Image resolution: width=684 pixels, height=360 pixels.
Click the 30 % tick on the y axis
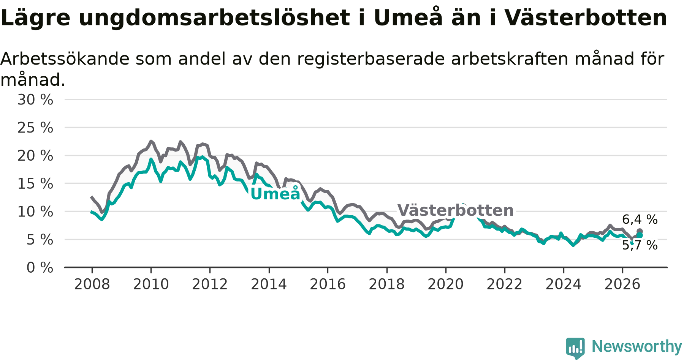(35, 100)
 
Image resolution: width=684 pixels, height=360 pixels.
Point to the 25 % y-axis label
(35, 128)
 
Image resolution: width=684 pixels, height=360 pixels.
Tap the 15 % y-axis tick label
(35, 184)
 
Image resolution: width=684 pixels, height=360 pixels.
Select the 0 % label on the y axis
(40, 268)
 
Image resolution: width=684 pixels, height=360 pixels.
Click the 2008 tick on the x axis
(92, 284)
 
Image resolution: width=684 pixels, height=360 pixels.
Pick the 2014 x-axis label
(269, 284)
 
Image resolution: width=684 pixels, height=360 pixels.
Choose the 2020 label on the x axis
(446, 284)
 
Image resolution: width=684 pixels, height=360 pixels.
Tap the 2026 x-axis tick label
(622, 284)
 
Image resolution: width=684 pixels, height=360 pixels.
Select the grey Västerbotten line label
(456, 210)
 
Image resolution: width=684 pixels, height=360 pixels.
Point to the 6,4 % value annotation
(640, 219)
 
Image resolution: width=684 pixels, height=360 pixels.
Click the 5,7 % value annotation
(640, 245)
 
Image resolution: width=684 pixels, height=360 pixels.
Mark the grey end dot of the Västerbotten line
(640, 231)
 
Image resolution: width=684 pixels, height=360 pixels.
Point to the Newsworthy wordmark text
(637, 346)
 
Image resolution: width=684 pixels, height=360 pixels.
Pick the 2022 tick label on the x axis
(505, 284)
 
